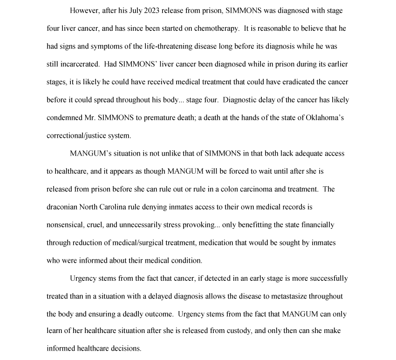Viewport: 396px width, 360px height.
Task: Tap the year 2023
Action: (150, 11)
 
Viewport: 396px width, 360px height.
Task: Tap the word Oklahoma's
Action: (325, 118)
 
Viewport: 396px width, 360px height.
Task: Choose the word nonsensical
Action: (66, 224)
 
